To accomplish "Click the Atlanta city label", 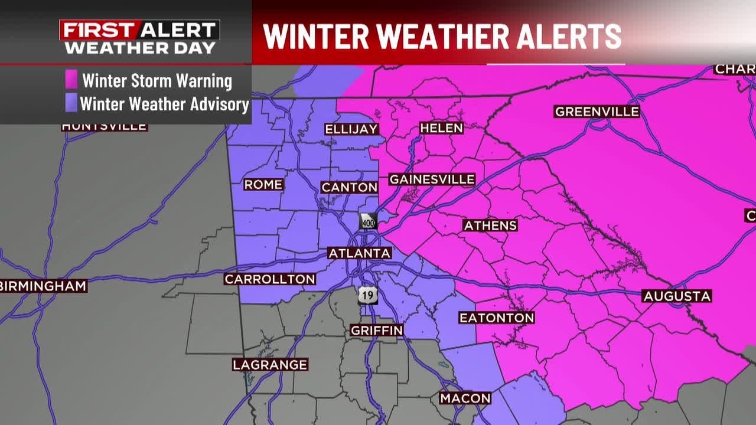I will [x=360, y=253].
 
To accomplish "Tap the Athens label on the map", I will [x=490, y=225].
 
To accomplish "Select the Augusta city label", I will [x=677, y=296].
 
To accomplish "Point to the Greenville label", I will [x=597, y=112].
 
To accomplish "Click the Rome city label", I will [x=263, y=185].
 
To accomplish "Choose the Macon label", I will [x=465, y=398].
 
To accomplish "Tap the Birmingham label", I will [x=44, y=286].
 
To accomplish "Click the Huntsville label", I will [x=105, y=126].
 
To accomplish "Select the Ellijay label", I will [x=351, y=129].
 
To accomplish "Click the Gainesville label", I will [x=432, y=179].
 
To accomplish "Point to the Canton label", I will [x=349, y=188].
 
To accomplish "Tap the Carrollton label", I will [x=270, y=279].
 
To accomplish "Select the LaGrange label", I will [x=270, y=365].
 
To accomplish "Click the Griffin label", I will [x=377, y=331].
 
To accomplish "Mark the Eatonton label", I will [x=497, y=318].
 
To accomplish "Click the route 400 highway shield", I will [x=368, y=221].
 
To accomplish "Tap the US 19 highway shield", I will [x=367, y=295].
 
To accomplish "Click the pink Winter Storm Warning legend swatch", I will [x=71, y=80].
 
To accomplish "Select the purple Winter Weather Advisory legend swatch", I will [x=71, y=104].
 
